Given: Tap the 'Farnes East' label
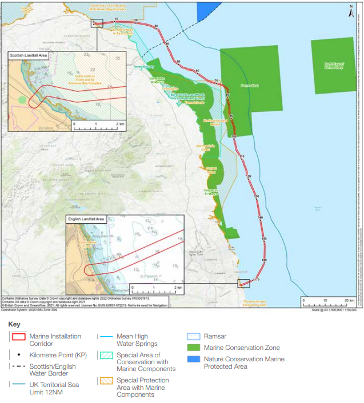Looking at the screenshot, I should point(234,86).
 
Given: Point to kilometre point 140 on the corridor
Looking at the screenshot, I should point(261,218).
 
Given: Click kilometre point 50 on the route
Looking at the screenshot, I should point(178,62).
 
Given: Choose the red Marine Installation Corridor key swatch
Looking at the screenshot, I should point(18,337).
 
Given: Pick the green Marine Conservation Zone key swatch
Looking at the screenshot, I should point(194,348).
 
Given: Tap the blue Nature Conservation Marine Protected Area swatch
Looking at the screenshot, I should point(194,359).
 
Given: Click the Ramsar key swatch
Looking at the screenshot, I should point(194,337).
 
